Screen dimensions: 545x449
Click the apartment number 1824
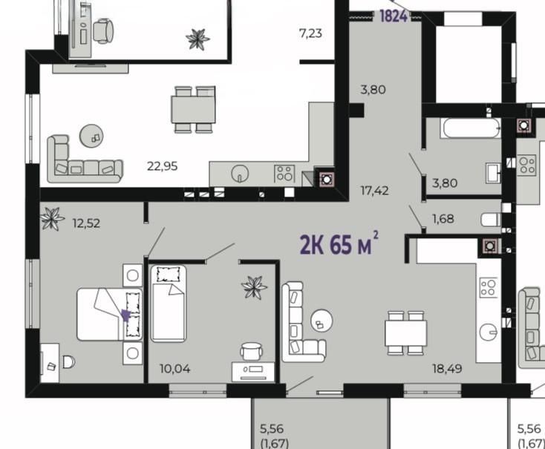(x=394, y=16)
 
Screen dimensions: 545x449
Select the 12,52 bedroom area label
(x=86, y=223)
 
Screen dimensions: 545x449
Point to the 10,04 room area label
(x=174, y=369)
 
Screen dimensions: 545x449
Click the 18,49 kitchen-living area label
(x=447, y=368)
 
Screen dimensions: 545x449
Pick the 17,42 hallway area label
(x=374, y=191)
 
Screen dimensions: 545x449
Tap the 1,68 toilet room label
(x=443, y=219)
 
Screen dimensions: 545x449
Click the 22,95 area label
(x=162, y=166)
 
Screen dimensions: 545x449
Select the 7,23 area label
(x=310, y=33)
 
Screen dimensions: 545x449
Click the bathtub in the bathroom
(x=472, y=128)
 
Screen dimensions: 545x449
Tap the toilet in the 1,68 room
(x=491, y=219)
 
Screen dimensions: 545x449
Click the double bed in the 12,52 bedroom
(x=109, y=314)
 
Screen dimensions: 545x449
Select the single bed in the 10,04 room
(x=169, y=304)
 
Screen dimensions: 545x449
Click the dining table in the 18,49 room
(x=405, y=333)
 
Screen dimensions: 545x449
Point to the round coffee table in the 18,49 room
(x=322, y=320)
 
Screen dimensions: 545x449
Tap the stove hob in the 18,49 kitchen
(x=488, y=287)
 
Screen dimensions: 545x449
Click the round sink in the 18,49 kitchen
(x=489, y=332)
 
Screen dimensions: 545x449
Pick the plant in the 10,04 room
(x=254, y=287)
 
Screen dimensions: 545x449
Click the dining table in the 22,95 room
(x=193, y=110)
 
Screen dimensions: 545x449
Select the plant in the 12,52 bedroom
(x=52, y=219)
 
